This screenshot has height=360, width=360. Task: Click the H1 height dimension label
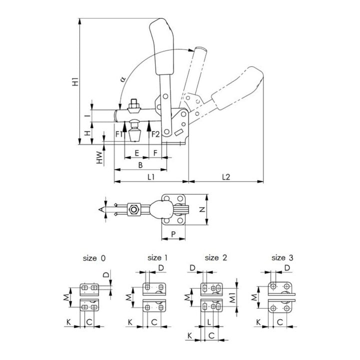click(x=75, y=82)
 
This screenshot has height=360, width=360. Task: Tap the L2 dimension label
click(x=226, y=177)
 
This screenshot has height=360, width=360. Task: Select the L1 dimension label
click(x=151, y=177)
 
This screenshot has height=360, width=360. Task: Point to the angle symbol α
click(x=123, y=79)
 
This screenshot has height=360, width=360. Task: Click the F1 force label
click(x=119, y=134)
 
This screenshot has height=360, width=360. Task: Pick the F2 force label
click(x=155, y=134)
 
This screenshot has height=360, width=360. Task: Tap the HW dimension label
click(x=99, y=157)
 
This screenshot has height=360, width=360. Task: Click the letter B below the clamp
click(x=140, y=165)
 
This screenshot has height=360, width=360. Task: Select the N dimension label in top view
click(x=202, y=209)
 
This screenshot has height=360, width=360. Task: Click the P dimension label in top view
click(x=173, y=234)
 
